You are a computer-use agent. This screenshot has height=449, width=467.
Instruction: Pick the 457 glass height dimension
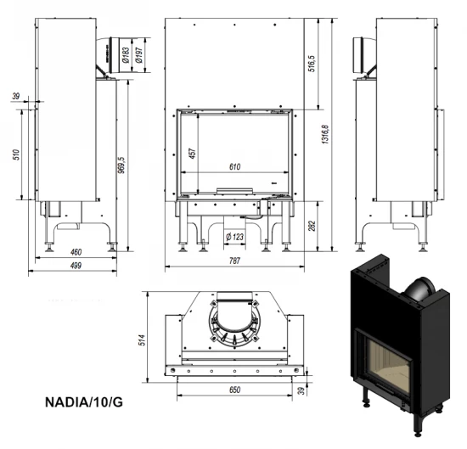coord(194,153)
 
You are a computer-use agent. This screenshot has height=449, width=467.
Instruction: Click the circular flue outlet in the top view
coord(232,323)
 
